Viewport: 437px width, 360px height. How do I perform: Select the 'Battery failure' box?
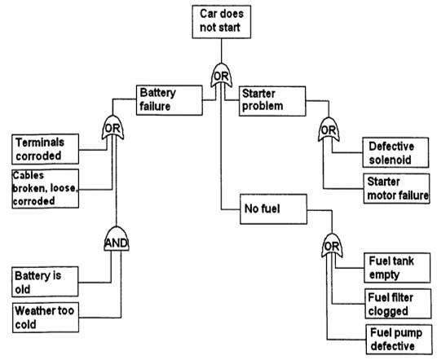[167, 99]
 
